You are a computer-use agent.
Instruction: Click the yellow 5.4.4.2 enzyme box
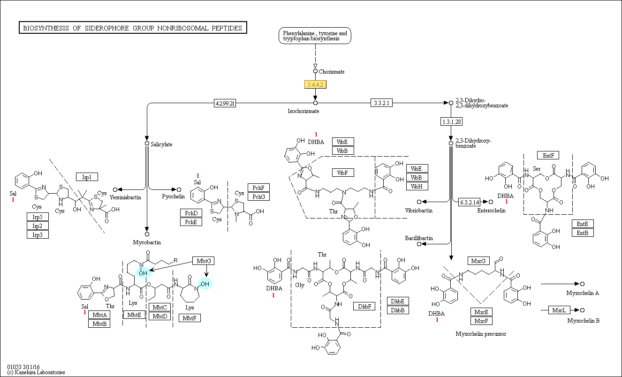pos(315,84)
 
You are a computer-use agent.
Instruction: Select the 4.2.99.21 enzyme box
pos(225,103)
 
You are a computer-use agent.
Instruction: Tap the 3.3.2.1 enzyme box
pos(381,103)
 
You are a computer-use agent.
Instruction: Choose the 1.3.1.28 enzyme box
pos(452,121)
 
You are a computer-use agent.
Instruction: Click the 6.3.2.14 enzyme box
pos(469,202)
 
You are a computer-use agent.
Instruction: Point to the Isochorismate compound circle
pos(315,103)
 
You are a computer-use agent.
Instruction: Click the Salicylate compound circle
pos(147,143)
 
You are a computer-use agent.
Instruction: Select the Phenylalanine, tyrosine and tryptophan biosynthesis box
pos(315,36)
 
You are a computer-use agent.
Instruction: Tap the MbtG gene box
pos(204,261)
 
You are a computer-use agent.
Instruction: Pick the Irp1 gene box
pos(87,177)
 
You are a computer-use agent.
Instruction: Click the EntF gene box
pos(548,155)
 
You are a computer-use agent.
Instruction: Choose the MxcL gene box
pos(559,310)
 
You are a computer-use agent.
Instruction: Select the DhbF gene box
pos(364,306)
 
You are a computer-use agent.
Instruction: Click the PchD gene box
pos(191,213)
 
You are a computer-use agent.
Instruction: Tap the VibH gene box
pos(417,186)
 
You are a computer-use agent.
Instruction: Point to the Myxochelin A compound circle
pos(582,284)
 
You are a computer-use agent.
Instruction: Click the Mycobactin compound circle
pos(147,234)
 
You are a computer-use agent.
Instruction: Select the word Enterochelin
pos(491,211)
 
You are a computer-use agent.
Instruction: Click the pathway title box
pos(133,28)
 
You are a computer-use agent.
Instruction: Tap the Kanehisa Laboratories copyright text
pos(36,372)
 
